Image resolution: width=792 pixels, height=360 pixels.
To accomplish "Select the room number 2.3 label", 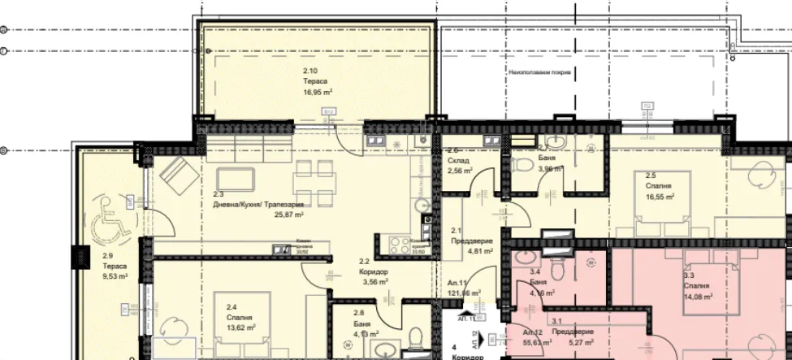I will coord(219,195).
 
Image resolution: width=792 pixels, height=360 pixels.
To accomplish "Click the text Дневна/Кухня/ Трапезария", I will coord(259,205).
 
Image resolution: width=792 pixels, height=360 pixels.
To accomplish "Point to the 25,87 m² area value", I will coord(288,215).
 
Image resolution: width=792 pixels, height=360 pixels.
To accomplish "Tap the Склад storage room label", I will coord(457,161).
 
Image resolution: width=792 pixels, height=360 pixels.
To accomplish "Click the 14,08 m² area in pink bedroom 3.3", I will coord(699,297).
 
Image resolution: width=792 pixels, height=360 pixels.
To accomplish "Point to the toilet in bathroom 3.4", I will coord(558,267).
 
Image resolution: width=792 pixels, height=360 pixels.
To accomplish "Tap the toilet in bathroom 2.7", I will coord(552,143).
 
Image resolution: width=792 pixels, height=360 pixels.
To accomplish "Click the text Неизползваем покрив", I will coord(539,72).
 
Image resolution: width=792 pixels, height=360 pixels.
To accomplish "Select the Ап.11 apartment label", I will coord(456,283).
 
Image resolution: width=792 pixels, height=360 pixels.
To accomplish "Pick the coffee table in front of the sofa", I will coord(236,178).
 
